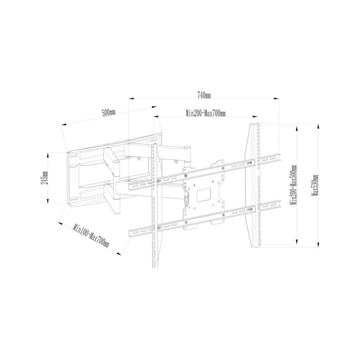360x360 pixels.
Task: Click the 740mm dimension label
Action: coord(204,95)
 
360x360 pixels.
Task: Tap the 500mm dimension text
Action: coord(109,113)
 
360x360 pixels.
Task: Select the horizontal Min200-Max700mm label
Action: coord(205,113)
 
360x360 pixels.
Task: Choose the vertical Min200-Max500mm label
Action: coord(293,185)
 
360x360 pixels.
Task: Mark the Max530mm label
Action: coord(315,186)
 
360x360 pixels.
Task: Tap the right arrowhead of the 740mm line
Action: coord(276,99)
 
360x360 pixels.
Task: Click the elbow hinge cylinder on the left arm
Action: coord(116,186)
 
